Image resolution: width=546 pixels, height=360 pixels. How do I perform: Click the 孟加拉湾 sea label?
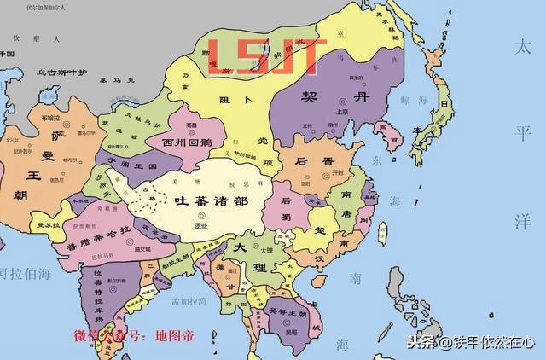(x=189, y=301)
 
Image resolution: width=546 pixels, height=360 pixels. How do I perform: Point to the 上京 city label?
(x=342, y=111)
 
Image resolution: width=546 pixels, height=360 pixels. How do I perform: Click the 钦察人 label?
(x=29, y=38)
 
